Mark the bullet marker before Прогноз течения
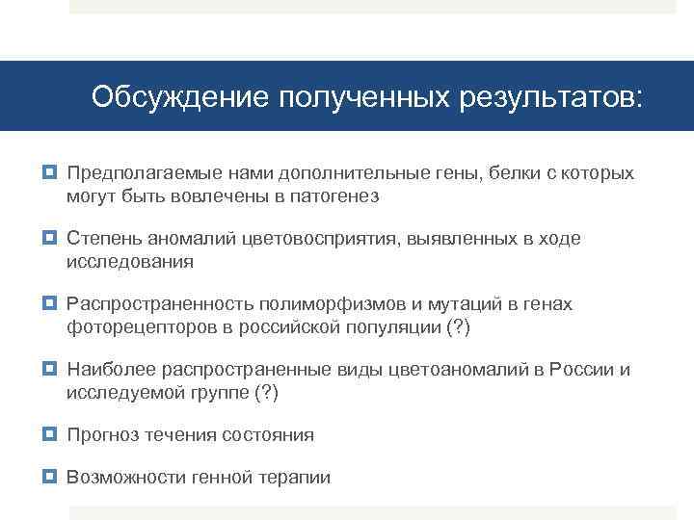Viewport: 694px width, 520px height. pos(51,435)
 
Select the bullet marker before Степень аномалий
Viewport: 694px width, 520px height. pos(51,239)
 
